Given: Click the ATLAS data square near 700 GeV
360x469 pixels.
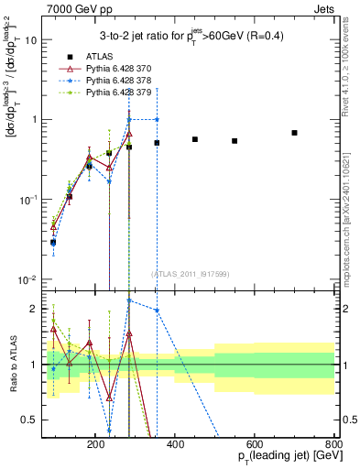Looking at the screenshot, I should click(294, 133).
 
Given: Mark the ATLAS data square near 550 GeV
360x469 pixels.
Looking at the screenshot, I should click(235, 141).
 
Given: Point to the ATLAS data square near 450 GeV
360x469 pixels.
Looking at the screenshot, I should click(195, 139).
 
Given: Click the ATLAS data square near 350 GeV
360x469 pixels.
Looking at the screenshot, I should click(157, 143).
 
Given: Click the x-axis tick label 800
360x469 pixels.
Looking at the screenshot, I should click(333, 443).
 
